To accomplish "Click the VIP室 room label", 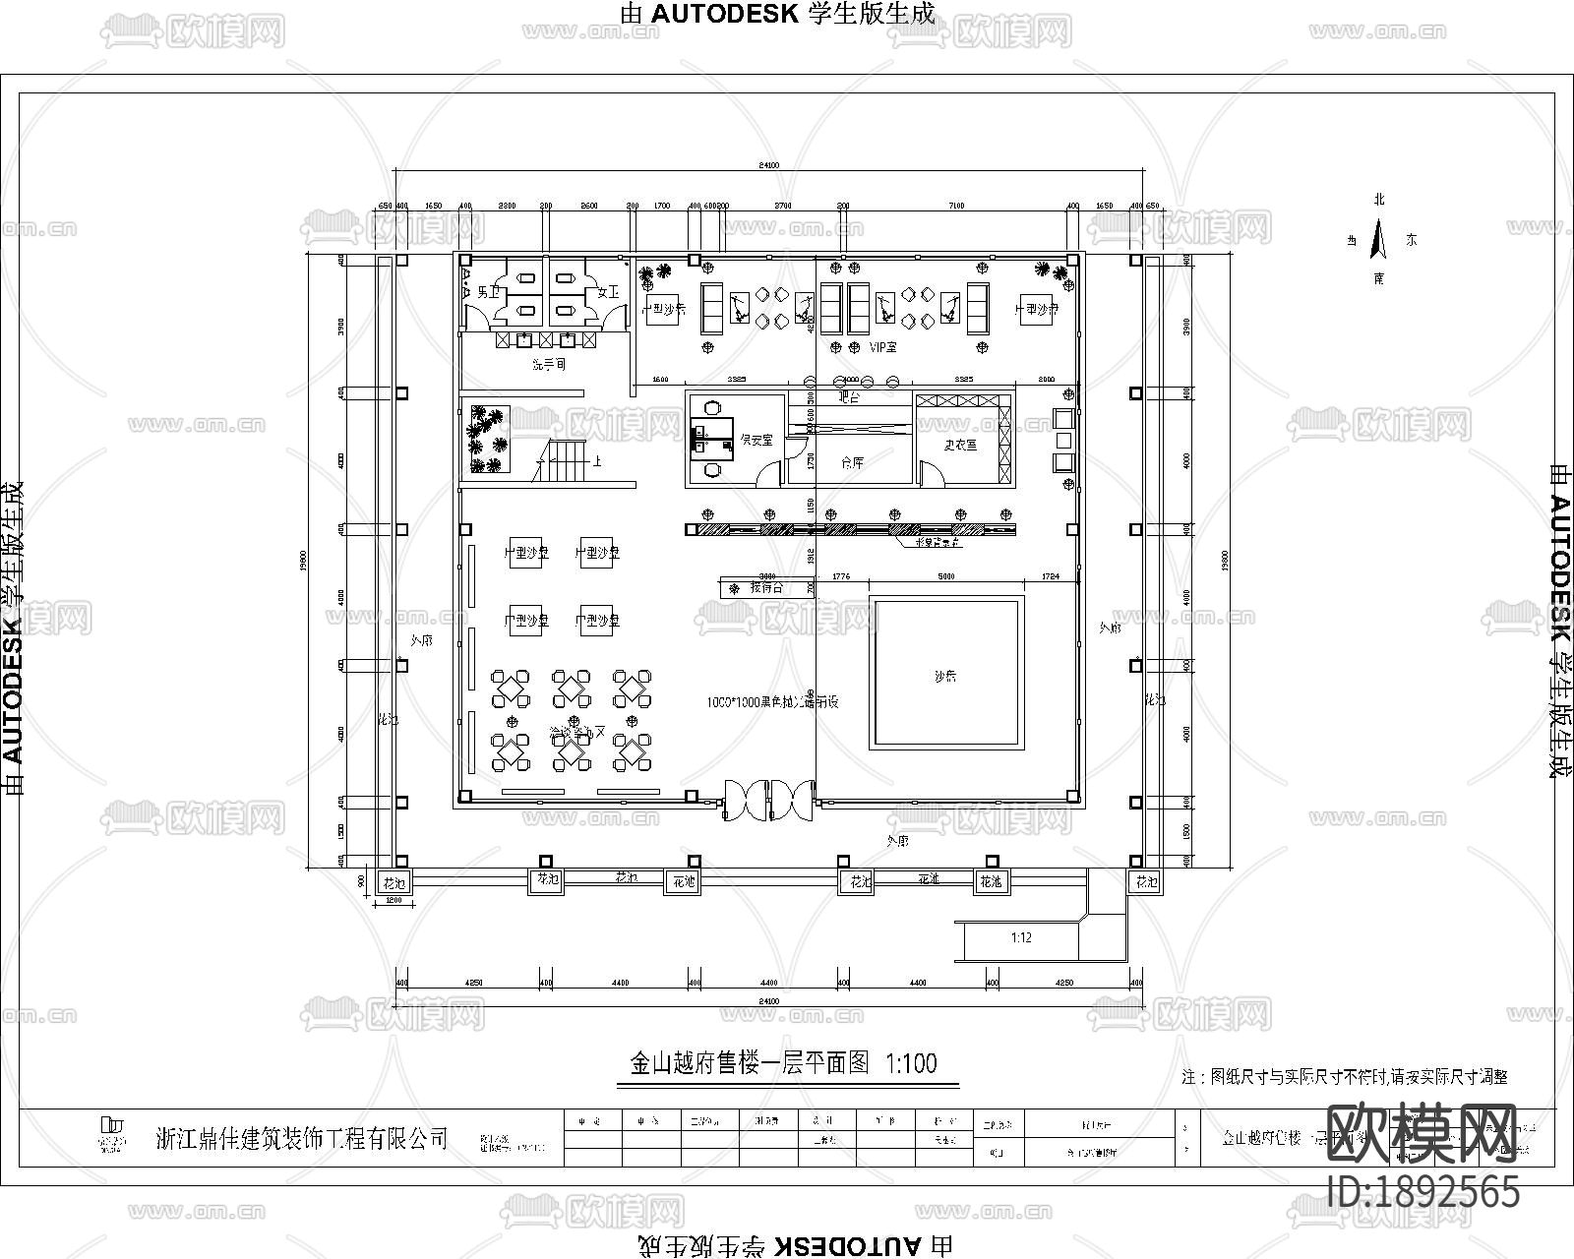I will [883, 347].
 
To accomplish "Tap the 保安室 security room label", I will [756, 440].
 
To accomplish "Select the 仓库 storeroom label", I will [852, 461].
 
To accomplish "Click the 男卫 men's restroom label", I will [489, 292].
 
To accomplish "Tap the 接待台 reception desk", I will [765, 587].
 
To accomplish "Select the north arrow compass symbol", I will [1379, 239].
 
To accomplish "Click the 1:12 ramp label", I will [1021, 938].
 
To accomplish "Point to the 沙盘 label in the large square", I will [945, 676].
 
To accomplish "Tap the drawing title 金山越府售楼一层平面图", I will [750, 1063].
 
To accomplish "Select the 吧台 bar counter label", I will [848, 397].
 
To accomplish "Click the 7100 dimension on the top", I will [955, 206].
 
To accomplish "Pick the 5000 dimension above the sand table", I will [946, 577].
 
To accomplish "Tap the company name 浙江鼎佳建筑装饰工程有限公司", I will [302, 1138].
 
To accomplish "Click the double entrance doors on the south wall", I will [769, 799].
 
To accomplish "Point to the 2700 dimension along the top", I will [782, 206].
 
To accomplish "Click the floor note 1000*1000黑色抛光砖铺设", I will [772, 702].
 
